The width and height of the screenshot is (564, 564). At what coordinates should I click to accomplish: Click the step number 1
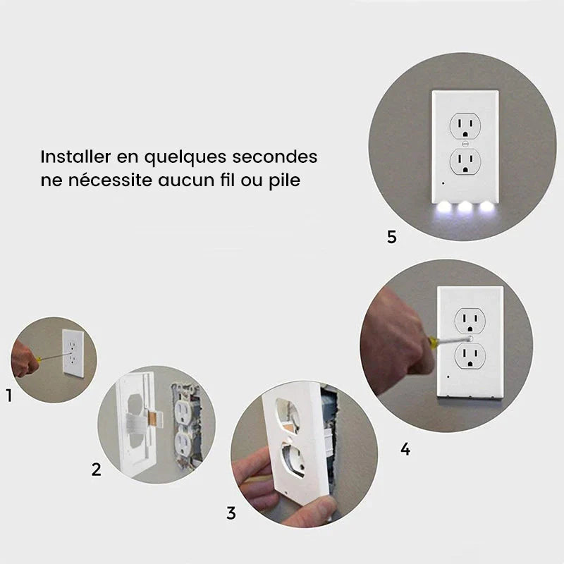pyautogui.click(x=9, y=396)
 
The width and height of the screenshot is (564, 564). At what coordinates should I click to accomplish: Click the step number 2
pyautogui.click(x=97, y=469)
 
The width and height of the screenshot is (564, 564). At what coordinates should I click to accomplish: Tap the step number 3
pyautogui.click(x=231, y=513)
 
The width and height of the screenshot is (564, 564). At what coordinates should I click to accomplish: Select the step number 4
pyautogui.click(x=405, y=448)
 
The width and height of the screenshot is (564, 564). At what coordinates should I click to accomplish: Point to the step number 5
pyautogui.click(x=392, y=237)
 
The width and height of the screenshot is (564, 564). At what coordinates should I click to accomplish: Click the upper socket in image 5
pyautogui.click(x=464, y=125)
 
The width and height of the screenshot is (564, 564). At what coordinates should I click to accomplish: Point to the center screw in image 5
pyautogui.click(x=464, y=143)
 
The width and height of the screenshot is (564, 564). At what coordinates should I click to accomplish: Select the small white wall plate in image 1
pyautogui.click(x=73, y=353)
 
